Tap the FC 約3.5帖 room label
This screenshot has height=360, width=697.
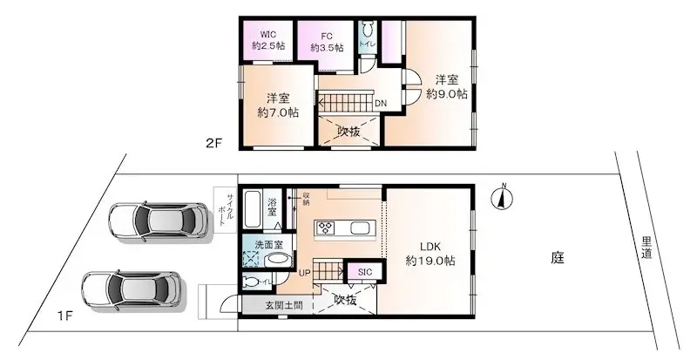(x=327, y=41)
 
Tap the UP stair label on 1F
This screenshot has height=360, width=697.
(x=305, y=274)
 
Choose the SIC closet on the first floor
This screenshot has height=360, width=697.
(x=364, y=273)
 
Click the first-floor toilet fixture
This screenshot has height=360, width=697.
(x=252, y=282)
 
